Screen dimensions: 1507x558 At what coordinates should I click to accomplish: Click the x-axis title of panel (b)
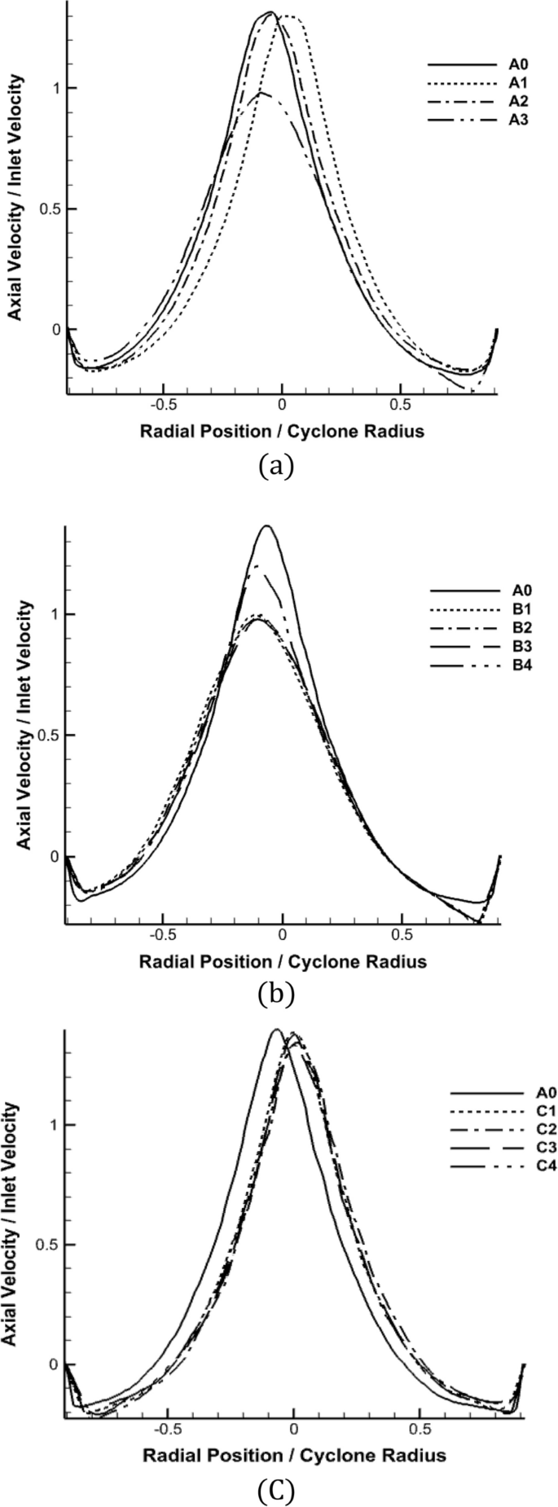(x=283, y=962)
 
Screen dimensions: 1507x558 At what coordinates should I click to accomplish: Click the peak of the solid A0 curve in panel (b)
(x=266, y=525)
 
